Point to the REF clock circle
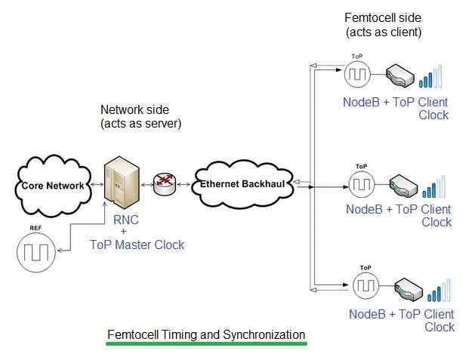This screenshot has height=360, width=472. pyautogui.click(x=35, y=253)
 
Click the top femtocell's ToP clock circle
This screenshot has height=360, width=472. pyautogui.click(x=357, y=75)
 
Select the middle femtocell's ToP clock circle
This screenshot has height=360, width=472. pyautogui.click(x=361, y=183)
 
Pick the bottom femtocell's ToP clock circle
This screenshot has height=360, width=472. pyautogui.click(x=366, y=285)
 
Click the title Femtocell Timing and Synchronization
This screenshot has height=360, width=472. pyautogui.click(x=206, y=334)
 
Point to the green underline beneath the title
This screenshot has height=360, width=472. pyautogui.click(x=206, y=344)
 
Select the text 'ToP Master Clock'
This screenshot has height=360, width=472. pyautogui.click(x=137, y=245)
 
